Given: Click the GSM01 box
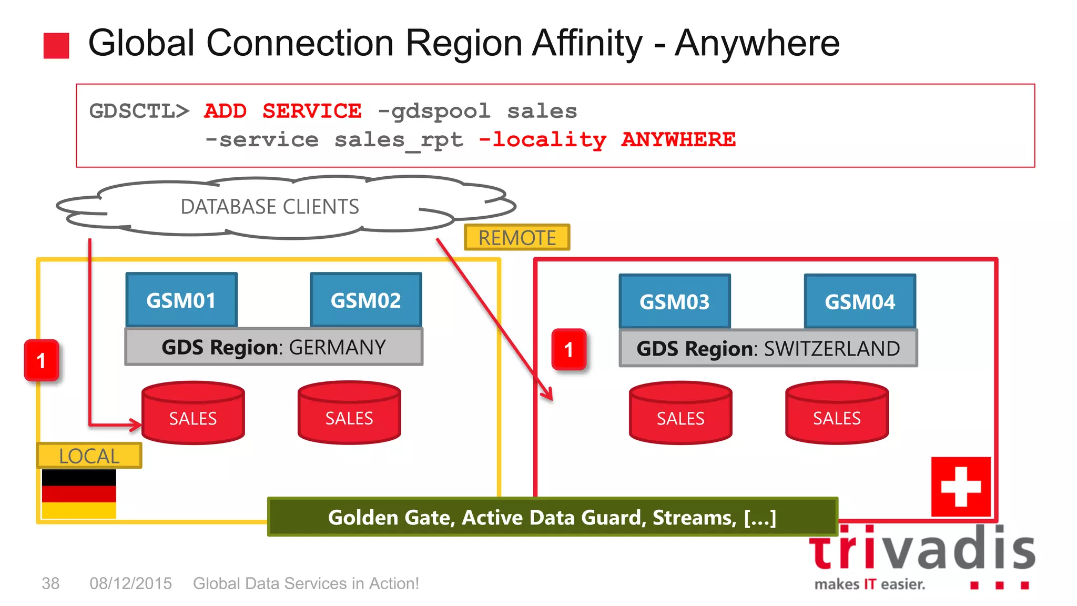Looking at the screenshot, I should point(181,300).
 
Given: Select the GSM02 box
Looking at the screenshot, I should point(365,300).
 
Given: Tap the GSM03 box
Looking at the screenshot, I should point(675,301).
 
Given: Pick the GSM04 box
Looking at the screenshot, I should point(860,301).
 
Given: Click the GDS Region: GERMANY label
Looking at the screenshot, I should point(273,347).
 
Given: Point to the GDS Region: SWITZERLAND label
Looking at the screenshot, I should point(768,348).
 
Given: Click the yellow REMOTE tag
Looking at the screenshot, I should point(517,238).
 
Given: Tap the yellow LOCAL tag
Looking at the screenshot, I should point(89,456).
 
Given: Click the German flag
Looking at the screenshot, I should point(79,493).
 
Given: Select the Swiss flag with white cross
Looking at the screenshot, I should point(961,487).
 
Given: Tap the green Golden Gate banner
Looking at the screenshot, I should point(552,517).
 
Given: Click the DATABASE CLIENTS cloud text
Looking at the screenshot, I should point(270,207).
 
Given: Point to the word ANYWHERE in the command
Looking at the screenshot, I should point(678,139).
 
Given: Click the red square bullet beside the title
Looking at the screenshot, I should point(56,46).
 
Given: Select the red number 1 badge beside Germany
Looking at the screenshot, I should point(42,360).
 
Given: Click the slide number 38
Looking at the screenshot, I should point(50,583).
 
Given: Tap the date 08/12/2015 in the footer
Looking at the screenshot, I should point(130,583).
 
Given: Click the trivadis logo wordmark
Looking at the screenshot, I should point(922,550).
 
